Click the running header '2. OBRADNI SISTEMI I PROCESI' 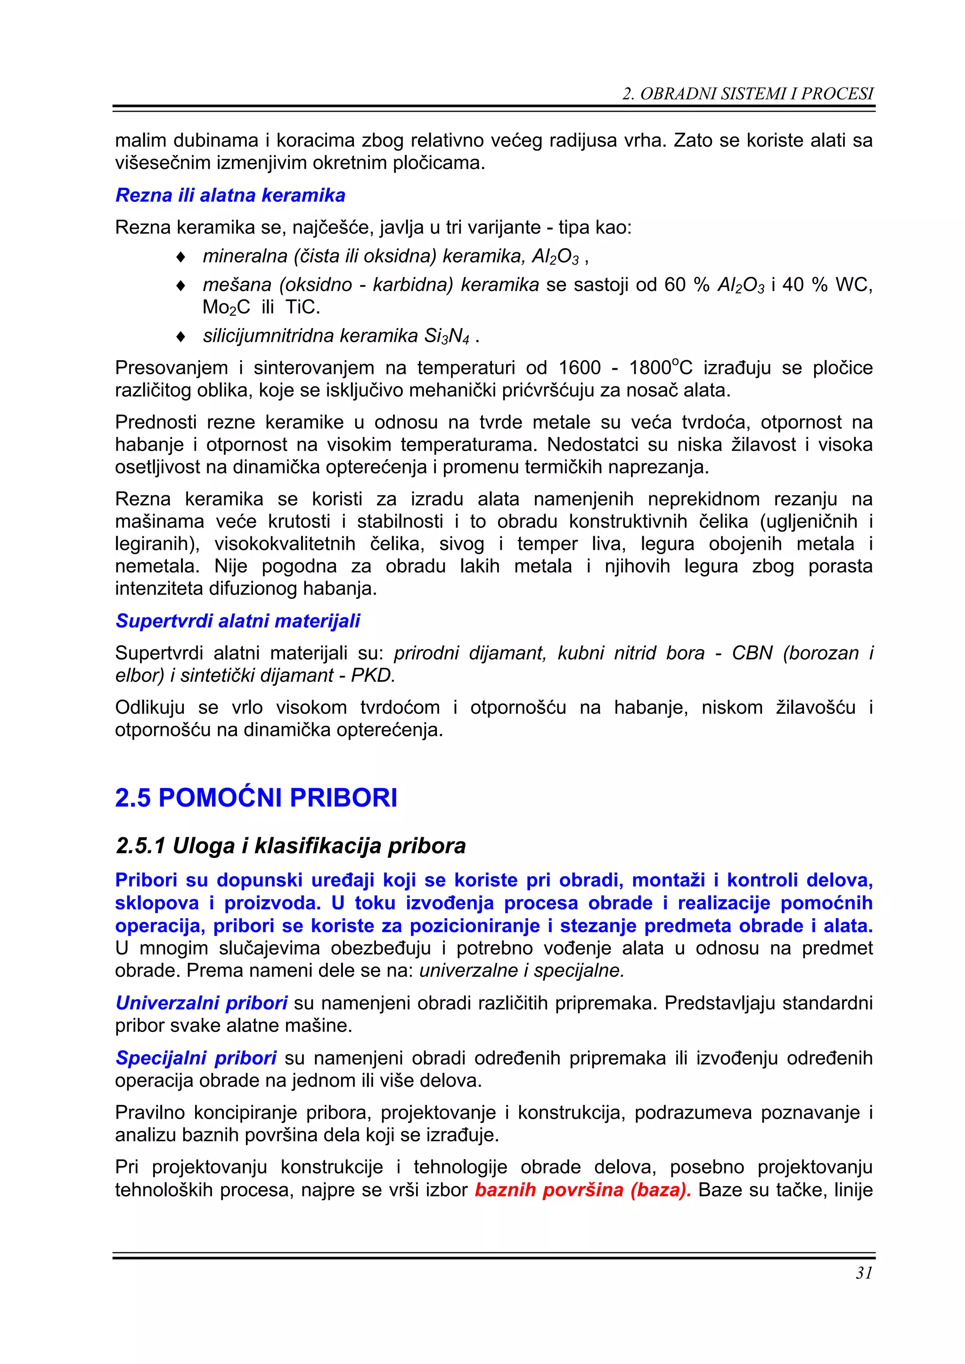[748, 94]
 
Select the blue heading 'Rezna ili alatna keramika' [230, 195]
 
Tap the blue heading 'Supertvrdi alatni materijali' [238, 621]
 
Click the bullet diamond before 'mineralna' [181, 257]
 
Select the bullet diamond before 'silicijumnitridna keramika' [181, 337]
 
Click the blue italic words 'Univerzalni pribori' [202, 1003]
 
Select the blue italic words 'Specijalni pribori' [196, 1057]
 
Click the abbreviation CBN [751, 653]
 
